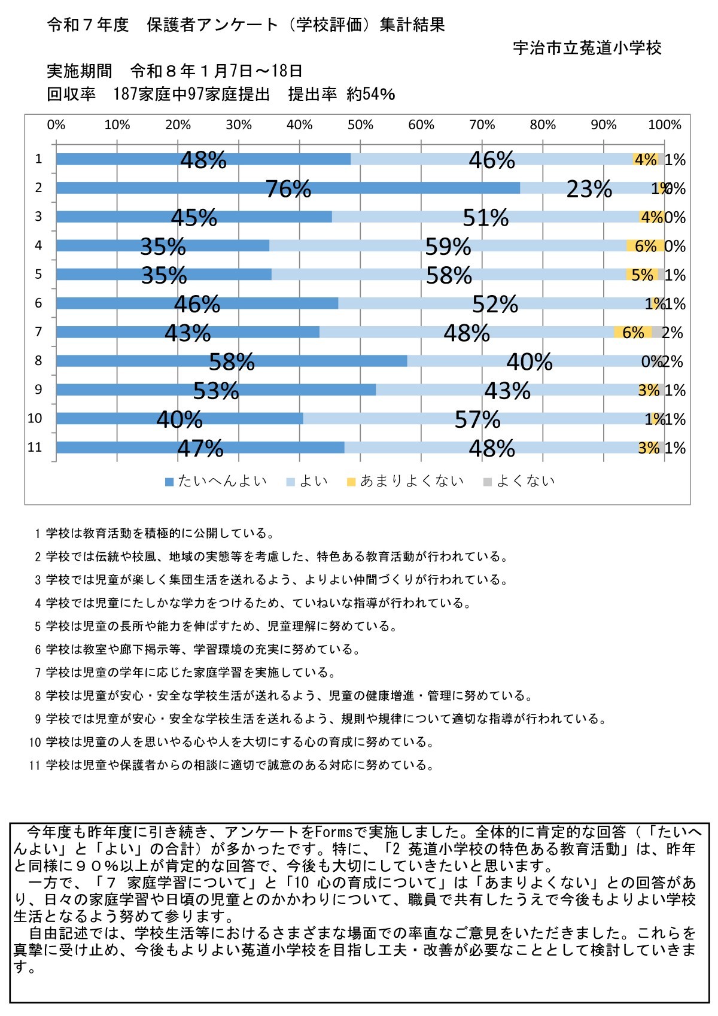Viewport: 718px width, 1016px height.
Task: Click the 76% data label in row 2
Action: [x=288, y=189]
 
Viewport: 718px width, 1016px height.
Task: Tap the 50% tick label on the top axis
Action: [x=360, y=125]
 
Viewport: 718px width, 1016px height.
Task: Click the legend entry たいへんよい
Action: [x=216, y=481]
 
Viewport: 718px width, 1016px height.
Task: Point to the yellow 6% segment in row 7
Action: [x=632, y=333]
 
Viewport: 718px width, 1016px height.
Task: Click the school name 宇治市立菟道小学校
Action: [x=587, y=48]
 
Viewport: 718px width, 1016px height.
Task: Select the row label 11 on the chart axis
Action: [x=35, y=447]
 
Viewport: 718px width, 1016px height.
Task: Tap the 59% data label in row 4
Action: [x=448, y=247]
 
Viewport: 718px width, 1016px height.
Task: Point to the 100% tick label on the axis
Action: [x=665, y=125]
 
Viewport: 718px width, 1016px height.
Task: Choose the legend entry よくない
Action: [x=519, y=481]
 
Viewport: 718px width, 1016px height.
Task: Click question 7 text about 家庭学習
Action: [x=185, y=673]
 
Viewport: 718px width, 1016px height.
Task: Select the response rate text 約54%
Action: [x=371, y=94]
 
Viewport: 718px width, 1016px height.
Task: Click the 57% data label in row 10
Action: [x=477, y=419]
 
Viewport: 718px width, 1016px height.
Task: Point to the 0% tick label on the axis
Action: [x=56, y=125]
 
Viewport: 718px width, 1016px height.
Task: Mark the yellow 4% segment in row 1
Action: [x=645, y=160]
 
